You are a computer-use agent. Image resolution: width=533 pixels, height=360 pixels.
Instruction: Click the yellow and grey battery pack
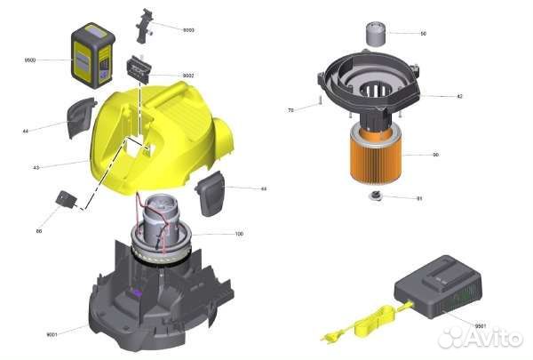coord(92,55)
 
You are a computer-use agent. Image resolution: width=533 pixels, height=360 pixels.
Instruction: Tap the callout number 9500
coord(29,60)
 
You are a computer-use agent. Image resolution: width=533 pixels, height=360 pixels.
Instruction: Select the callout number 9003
coord(188,30)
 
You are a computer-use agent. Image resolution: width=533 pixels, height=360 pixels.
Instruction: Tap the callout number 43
coord(36,167)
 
